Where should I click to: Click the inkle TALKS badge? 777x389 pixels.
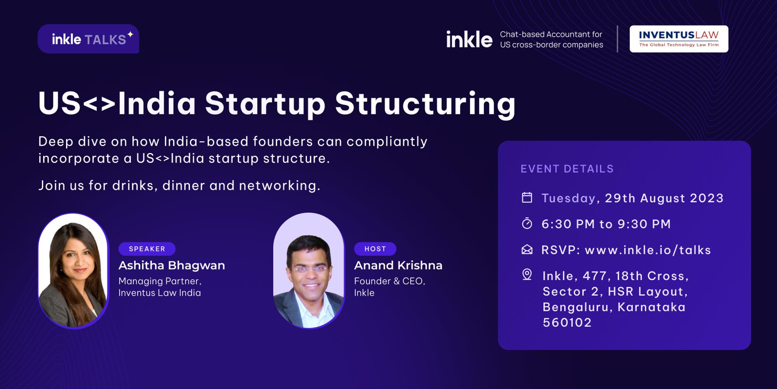click(88, 39)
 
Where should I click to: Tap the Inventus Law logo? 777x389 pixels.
click(679, 39)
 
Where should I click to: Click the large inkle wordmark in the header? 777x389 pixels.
click(469, 40)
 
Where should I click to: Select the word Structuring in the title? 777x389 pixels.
click(425, 104)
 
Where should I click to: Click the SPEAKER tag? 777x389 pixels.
click(147, 249)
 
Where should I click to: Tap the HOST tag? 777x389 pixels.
click(375, 249)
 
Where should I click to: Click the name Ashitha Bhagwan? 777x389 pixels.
click(172, 266)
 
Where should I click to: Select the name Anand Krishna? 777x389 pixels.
click(398, 266)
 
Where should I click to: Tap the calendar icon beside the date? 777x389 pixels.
click(527, 198)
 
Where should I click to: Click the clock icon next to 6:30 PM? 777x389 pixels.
click(527, 224)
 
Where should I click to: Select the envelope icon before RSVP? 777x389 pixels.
click(527, 250)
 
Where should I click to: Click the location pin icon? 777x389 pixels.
click(527, 275)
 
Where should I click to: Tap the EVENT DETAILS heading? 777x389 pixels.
click(567, 169)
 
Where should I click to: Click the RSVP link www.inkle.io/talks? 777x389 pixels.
click(648, 250)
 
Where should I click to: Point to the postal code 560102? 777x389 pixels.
click(567, 322)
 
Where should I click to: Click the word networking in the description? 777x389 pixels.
click(279, 186)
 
